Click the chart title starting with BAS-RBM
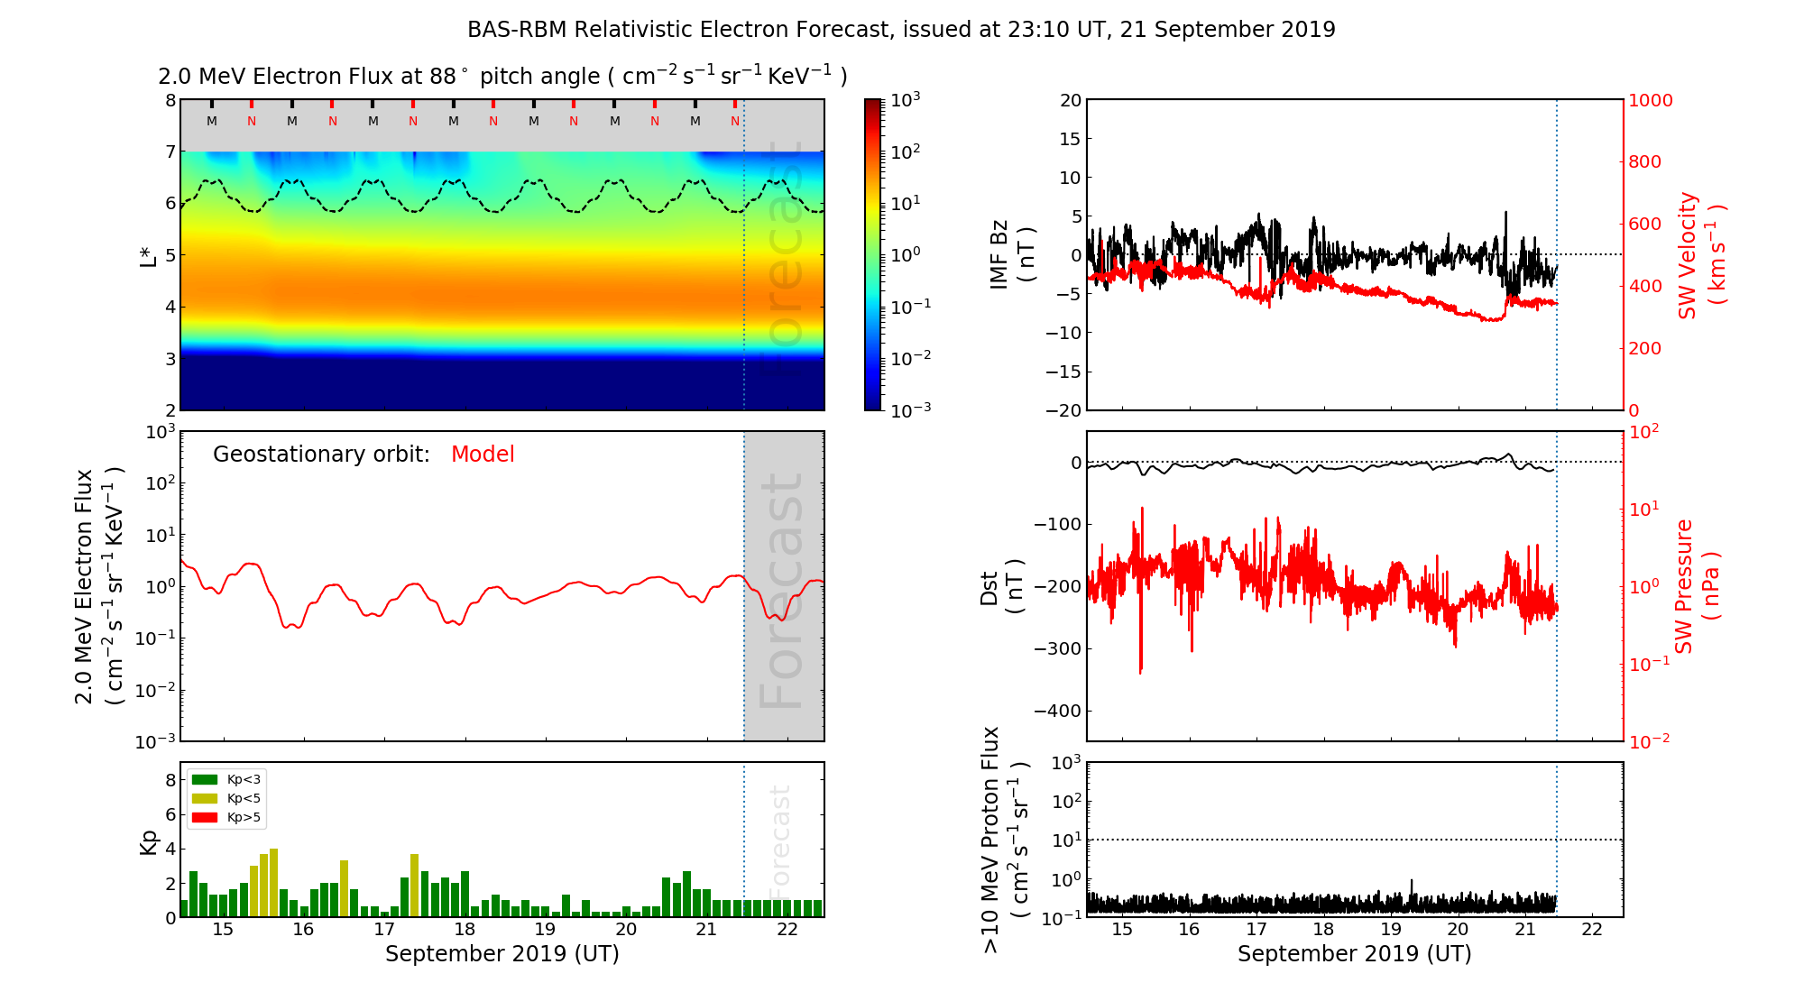click(x=901, y=30)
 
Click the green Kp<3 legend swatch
click(x=205, y=779)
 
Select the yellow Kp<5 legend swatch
click(x=205, y=798)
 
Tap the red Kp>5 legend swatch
click(x=205, y=817)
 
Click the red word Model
click(x=483, y=455)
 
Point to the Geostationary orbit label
click(x=321, y=455)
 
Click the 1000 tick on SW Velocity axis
click(x=1650, y=100)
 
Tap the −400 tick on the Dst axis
click(x=1056, y=711)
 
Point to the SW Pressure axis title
click(x=1697, y=586)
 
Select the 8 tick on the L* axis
click(x=170, y=100)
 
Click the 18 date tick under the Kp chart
click(x=465, y=930)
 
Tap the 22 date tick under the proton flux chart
click(x=1592, y=930)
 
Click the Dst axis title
click(x=1001, y=586)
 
